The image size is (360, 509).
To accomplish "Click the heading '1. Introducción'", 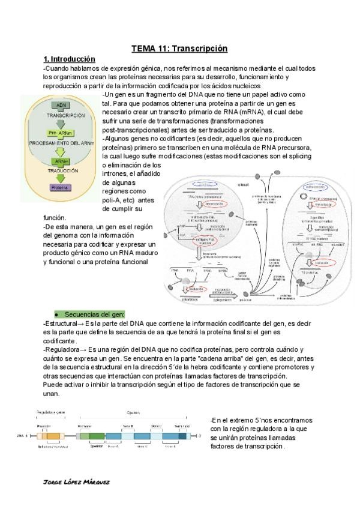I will click(69, 59).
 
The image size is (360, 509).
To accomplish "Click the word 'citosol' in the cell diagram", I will click(244, 184).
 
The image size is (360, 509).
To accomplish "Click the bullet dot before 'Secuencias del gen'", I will click(56, 315).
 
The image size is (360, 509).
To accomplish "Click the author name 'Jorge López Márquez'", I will click(78, 482).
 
